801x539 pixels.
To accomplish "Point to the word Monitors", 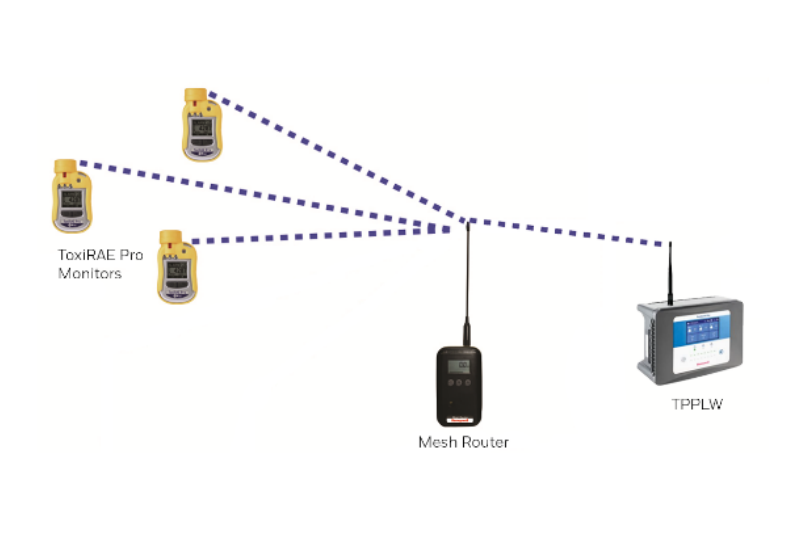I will coord(90,273).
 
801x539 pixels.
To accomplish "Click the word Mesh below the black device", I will coord(437,442).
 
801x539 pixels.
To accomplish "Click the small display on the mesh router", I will coord(462,365).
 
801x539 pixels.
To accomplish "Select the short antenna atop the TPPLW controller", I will coord(670,270).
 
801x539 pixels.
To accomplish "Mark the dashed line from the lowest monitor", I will coord(320,234).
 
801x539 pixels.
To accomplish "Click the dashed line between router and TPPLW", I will coord(570,232).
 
